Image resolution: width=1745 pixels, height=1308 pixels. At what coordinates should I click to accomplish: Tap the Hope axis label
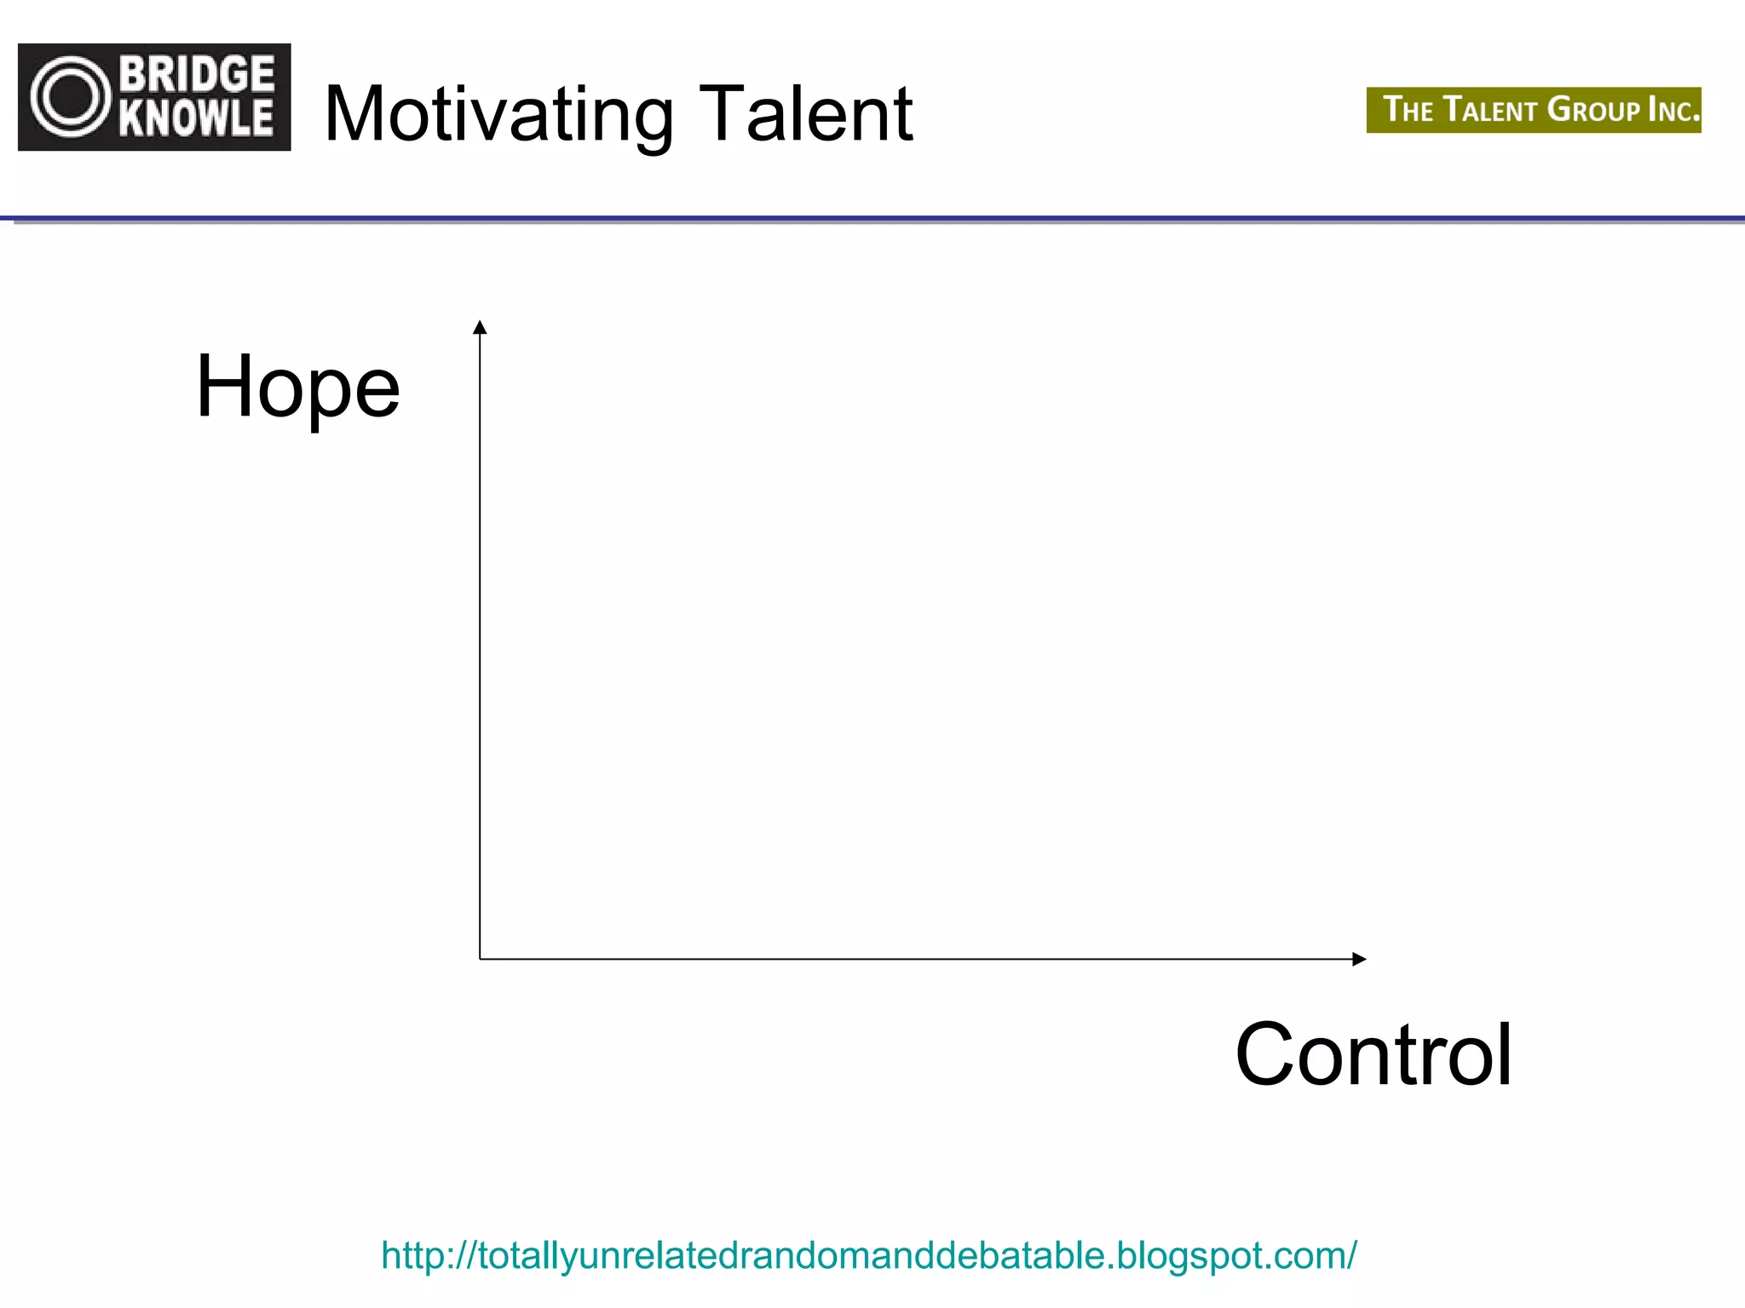point(297,387)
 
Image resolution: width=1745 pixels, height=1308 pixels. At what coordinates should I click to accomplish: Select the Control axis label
point(1374,1055)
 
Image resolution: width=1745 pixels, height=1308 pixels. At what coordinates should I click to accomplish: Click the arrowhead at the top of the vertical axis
point(480,327)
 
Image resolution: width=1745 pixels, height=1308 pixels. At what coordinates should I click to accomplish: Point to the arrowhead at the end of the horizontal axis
point(1360,959)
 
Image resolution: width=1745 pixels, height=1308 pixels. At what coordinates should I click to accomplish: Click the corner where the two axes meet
point(480,959)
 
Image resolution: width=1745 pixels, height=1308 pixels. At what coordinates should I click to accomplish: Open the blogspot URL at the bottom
point(868,1255)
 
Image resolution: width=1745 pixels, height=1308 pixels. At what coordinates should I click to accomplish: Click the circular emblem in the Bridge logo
point(72,97)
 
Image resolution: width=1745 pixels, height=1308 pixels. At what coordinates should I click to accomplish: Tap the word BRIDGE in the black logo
point(197,74)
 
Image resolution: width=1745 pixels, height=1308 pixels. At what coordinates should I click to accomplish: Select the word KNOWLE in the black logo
point(197,118)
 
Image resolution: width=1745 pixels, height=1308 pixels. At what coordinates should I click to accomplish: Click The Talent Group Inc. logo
point(1534,110)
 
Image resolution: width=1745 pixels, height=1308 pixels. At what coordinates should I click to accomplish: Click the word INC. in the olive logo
point(1672,110)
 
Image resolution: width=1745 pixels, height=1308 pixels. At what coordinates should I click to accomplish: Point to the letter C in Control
point(1268,1055)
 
